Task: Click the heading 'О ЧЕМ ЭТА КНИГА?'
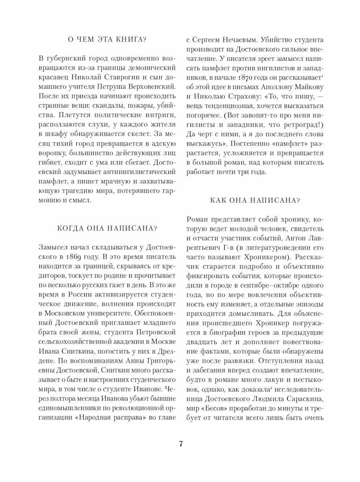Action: point(107,40)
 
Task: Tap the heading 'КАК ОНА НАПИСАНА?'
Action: point(255,200)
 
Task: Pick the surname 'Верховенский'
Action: point(153,86)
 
